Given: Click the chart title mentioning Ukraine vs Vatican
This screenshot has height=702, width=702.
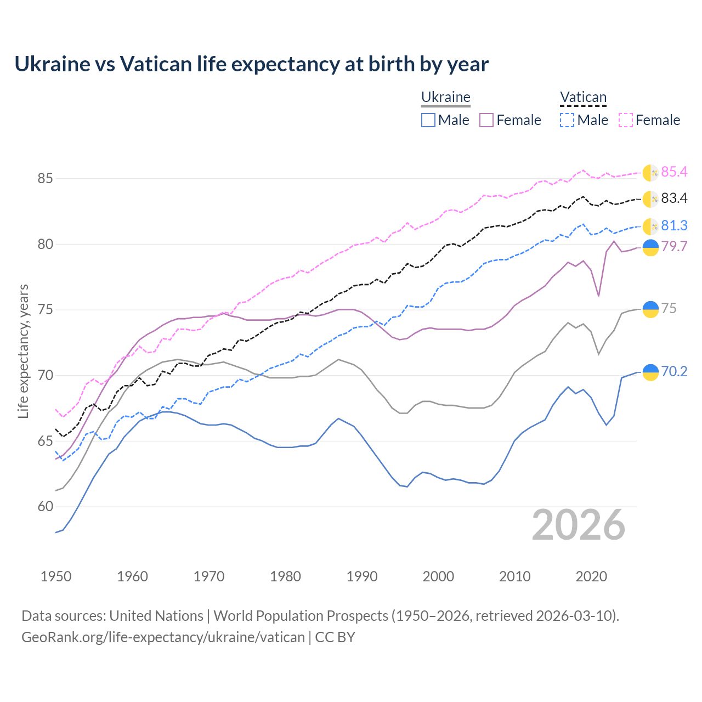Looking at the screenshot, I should click(x=251, y=64).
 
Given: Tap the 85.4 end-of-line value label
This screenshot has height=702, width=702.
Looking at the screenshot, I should click(x=674, y=172).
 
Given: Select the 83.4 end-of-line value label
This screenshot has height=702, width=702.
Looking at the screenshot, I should click(x=674, y=199).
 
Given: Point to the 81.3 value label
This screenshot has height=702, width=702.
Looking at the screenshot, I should click(x=674, y=226).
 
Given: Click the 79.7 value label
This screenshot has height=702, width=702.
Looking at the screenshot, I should click(x=674, y=247).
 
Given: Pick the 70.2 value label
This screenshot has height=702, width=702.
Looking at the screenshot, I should click(x=674, y=372).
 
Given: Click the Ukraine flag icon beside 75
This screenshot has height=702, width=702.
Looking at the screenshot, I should click(x=650, y=309).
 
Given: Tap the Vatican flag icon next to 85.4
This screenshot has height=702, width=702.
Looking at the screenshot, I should click(x=650, y=172).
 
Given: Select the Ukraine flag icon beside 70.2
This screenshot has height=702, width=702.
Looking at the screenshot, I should click(x=650, y=372).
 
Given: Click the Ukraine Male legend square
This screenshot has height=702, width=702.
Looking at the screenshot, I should click(x=428, y=120).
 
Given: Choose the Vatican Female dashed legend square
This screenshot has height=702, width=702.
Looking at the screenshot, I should click(x=626, y=120).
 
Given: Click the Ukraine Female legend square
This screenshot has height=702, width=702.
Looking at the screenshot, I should click(x=486, y=120).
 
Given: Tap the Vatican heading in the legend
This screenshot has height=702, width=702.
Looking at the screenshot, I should click(x=583, y=98).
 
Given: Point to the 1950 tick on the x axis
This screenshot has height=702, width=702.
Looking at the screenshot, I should click(x=56, y=576).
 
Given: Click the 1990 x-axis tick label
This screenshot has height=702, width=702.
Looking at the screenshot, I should click(x=362, y=576).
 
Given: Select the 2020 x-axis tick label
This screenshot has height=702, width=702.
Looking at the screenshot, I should click(x=591, y=576).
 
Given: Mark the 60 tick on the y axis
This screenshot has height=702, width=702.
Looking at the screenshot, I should click(x=45, y=507).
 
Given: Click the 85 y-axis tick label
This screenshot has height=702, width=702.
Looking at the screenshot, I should click(x=45, y=179).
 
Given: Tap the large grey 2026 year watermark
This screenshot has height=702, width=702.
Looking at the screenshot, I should click(x=578, y=525).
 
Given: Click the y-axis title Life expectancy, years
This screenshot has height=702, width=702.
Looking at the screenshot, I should click(x=24, y=351).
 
